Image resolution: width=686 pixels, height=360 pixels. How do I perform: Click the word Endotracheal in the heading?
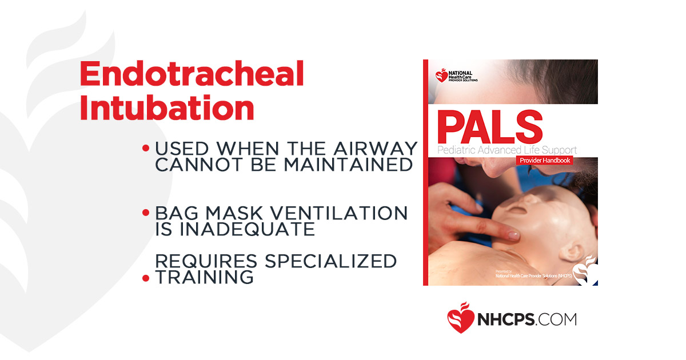[192, 74]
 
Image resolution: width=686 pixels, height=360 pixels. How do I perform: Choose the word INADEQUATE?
[236, 229]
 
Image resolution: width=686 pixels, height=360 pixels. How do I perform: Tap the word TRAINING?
[205, 277]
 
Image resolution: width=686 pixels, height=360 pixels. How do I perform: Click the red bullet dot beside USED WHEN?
[146, 149]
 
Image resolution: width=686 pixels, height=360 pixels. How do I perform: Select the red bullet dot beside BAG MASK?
[146, 213]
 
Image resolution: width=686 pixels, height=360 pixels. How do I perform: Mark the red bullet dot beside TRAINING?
[146, 278]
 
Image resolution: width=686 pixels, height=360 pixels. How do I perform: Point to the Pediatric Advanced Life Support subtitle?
[506, 150]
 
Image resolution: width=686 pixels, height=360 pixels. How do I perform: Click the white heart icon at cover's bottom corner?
[586, 271]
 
